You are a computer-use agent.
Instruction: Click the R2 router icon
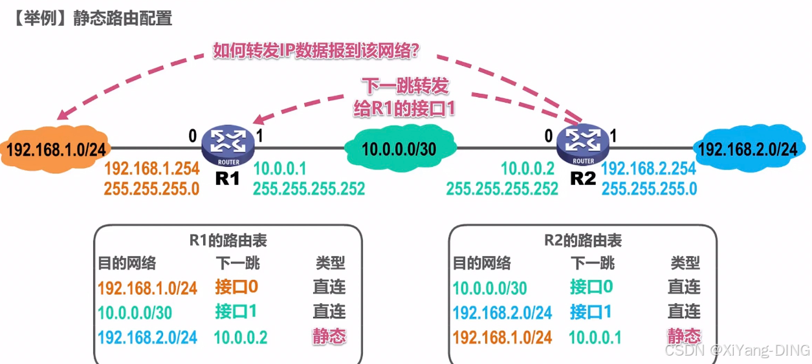pyautogui.click(x=583, y=145)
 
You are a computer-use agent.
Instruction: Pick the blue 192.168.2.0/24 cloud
pyautogui.click(x=747, y=149)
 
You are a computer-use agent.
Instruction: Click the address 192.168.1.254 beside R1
pyautogui.click(x=151, y=170)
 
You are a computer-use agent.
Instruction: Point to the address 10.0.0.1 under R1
pyautogui.click(x=280, y=170)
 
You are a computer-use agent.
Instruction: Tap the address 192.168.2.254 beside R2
pyautogui.click(x=649, y=170)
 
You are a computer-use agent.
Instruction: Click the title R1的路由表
pyautogui.click(x=228, y=241)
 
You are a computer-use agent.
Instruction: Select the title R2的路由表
pyautogui.click(x=583, y=241)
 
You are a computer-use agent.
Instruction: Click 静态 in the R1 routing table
pyautogui.click(x=329, y=336)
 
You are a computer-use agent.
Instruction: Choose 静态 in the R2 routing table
pyautogui.click(x=684, y=336)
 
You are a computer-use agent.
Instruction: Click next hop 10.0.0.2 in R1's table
pyautogui.click(x=241, y=337)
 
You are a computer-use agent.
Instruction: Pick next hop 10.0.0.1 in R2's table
pyautogui.click(x=595, y=337)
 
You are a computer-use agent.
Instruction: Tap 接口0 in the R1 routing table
pyautogui.click(x=236, y=287)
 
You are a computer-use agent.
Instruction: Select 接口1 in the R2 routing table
pyautogui.click(x=591, y=312)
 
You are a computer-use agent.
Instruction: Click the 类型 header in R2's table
pyautogui.click(x=685, y=263)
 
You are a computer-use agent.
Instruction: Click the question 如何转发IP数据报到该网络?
pyautogui.click(x=316, y=51)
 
